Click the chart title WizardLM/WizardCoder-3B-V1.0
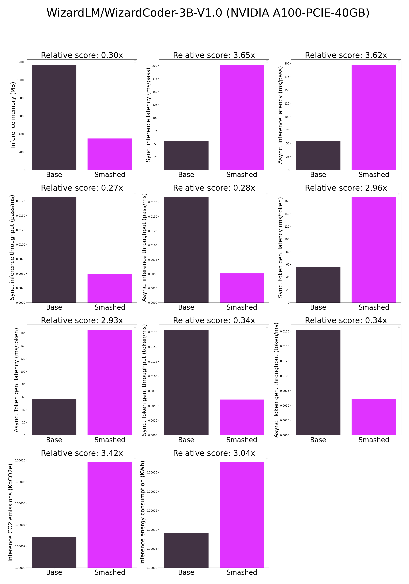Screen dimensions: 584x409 (x=208, y=13)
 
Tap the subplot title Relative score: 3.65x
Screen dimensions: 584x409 (x=214, y=55)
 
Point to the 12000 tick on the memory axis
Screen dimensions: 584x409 (x=21, y=62)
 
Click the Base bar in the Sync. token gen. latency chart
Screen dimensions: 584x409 (x=318, y=285)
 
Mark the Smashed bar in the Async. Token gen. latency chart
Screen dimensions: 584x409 (x=110, y=382)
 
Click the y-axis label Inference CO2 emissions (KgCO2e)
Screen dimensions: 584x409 (x=10, y=513)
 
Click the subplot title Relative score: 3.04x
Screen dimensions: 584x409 (x=214, y=453)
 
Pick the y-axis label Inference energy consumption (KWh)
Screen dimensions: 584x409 (x=143, y=513)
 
